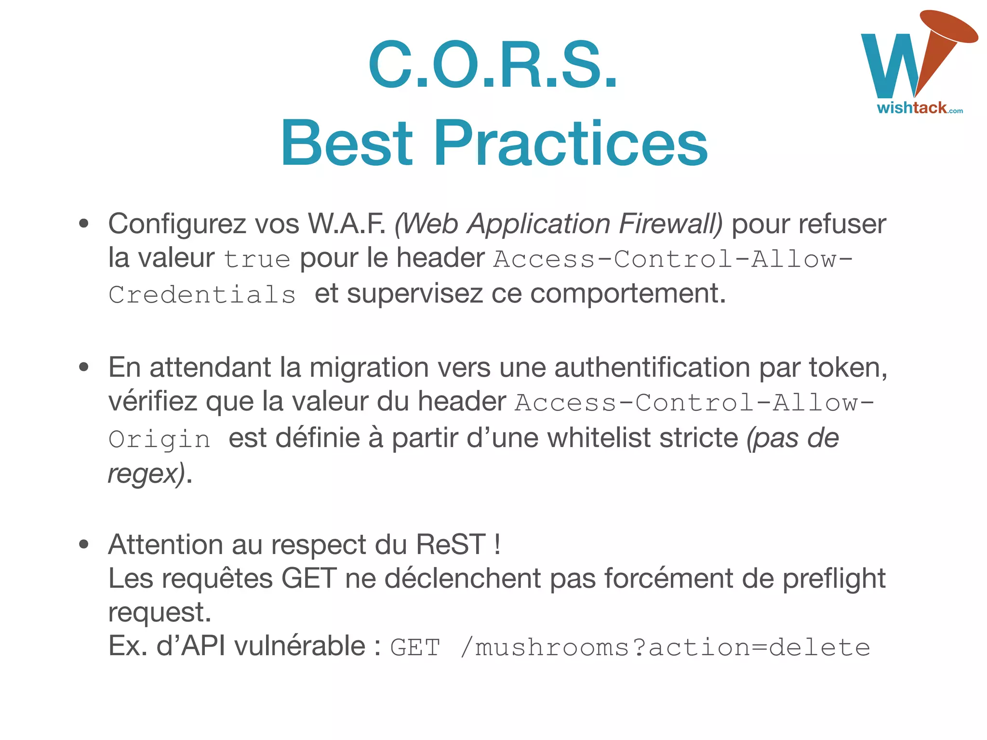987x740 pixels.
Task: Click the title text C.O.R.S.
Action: click(493, 65)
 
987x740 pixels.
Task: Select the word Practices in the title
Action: click(571, 143)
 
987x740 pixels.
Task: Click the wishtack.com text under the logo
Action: click(920, 108)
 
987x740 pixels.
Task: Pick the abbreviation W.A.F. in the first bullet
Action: click(347, 224)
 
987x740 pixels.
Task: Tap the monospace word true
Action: click(257, 259)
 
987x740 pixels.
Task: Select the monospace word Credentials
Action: click(202, 294)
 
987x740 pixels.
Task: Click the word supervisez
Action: click(414, 293)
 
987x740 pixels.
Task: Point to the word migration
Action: click(369, 368)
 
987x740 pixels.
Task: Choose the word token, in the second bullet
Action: click(848, 368)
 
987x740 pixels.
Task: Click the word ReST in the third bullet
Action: click(451, 545)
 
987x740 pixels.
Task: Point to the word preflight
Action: click(834, 579)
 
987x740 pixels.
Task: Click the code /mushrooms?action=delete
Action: click(665, 647)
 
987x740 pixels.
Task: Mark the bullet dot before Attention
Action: click(84, 544)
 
